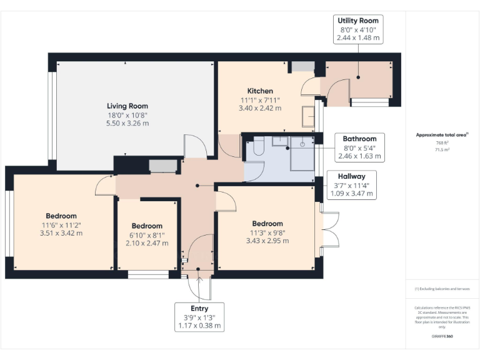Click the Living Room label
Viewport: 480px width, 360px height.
(127, 106)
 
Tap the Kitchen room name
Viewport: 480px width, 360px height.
(260, 91)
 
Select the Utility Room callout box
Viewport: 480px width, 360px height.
(358, 29)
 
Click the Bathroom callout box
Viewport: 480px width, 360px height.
(360, 147)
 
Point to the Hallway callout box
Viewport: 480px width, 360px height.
(352, 185)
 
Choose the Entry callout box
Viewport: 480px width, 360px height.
(199, 317)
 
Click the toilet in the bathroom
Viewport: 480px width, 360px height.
(259, 146)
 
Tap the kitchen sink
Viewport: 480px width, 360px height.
(308, 116)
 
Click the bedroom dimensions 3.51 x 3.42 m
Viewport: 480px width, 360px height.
(61, 233)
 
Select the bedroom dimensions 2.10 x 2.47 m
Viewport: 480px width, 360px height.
(147, 243)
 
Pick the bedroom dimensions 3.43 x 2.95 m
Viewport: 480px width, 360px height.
(267, 241)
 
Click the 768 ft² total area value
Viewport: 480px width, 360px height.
(442, 142)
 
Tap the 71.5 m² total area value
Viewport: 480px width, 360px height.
(442, 150)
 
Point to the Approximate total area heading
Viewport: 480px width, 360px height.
(442, 135)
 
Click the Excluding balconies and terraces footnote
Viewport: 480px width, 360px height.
(442, 289)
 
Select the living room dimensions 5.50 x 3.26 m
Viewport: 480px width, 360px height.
(127, 123)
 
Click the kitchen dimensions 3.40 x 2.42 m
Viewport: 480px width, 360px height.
(260, 108)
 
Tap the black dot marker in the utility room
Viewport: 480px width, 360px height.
(358, 77)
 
